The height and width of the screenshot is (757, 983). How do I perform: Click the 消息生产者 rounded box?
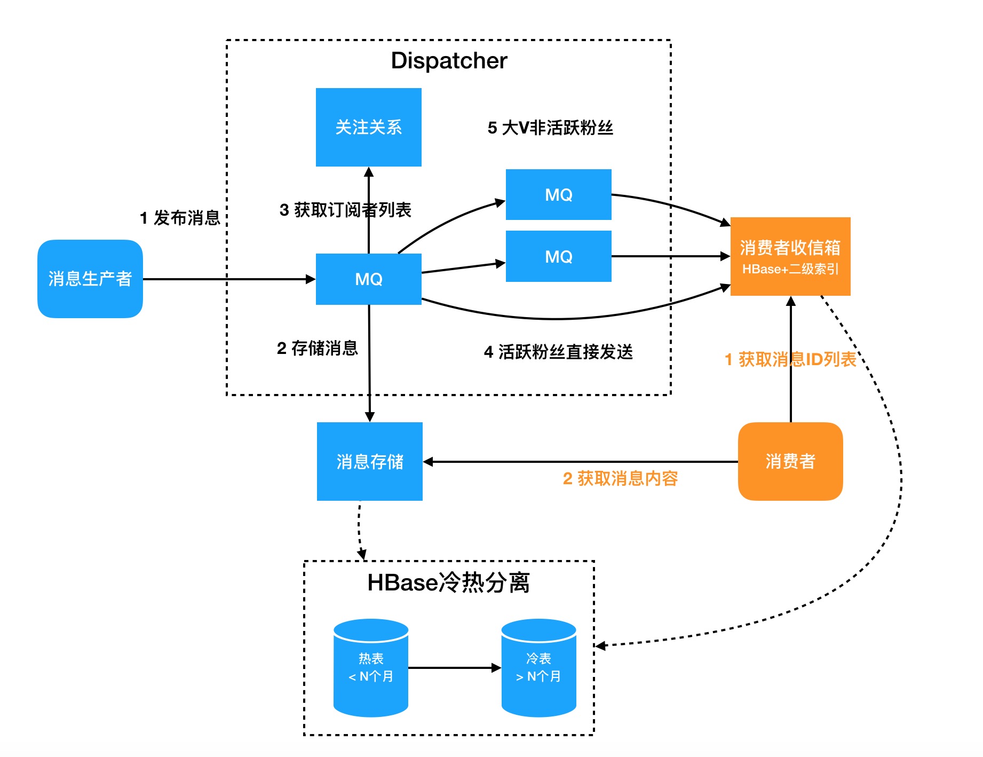(90, 279)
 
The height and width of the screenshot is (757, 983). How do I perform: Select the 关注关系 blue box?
(368, 127)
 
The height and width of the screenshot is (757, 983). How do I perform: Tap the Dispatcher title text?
(449, 60)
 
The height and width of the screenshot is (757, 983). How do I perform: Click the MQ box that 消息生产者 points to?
(368, 279)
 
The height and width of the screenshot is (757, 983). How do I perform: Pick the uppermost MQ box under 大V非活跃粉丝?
(558, 194)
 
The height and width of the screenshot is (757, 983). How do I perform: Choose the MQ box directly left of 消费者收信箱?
(558, 256)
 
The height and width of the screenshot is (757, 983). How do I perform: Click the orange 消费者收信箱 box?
(790, 256)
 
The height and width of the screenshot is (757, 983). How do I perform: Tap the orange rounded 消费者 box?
(790, 461)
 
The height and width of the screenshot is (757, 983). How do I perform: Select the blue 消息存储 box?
(369, 461)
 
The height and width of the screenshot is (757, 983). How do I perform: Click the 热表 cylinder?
(371, 667)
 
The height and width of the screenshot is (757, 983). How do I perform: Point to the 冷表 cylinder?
(538, 667)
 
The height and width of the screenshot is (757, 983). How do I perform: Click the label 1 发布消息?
(180, 218)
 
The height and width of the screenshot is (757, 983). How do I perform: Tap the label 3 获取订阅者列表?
(345, 210)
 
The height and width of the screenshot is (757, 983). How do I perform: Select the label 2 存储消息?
(317, 348)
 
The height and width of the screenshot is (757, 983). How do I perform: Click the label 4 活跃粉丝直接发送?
(558, 352)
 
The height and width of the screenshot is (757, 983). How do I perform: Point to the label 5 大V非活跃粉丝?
(550, 128)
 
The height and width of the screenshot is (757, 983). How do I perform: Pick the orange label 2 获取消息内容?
(620, 478)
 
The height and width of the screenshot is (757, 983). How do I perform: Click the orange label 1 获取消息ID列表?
(790, 359)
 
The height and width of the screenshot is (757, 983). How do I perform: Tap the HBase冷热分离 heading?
(448, 582)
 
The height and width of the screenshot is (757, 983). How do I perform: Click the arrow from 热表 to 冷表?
(454, 667)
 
